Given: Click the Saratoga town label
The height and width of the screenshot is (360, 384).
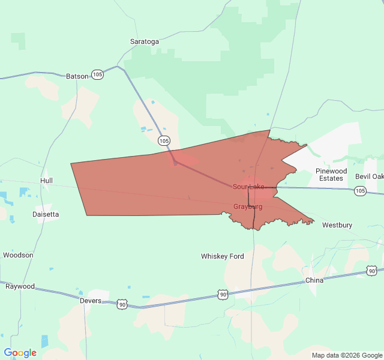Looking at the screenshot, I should coord(145,41).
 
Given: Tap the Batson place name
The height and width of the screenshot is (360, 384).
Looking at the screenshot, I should coord(77,76).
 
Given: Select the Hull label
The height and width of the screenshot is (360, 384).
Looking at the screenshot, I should coord(46,181).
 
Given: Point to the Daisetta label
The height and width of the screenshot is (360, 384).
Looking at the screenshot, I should coord(46,214).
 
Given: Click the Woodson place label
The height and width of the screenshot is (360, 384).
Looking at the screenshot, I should coord(18,255).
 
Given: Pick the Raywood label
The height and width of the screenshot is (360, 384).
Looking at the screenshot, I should coord(20,286).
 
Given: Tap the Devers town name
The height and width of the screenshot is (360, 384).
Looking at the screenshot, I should coord(91,301).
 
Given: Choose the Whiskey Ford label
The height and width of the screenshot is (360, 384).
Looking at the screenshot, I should coord(222,256).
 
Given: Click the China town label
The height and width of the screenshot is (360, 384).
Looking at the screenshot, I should coord(314,280).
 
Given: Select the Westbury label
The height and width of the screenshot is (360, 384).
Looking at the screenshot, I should coord(337,226).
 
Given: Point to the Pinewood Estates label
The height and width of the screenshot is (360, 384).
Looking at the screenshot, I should coord(331,175).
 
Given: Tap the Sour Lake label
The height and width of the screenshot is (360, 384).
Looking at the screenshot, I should coord(248,187).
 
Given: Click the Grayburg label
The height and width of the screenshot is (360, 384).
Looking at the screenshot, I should coord(248,206).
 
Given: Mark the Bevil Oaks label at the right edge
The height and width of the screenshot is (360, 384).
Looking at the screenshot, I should coord(370,176).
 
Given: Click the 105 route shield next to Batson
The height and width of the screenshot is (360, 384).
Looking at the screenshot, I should coord(98,74).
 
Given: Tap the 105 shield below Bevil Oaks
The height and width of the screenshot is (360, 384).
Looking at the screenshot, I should coord(360,191).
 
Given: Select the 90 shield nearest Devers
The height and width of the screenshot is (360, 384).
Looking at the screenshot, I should coord(122,304).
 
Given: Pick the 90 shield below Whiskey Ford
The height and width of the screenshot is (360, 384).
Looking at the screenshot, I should coord(223,295).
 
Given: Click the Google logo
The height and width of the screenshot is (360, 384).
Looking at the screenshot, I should coord(20,353).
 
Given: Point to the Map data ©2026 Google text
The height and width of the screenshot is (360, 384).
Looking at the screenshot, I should coord(346,355).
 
